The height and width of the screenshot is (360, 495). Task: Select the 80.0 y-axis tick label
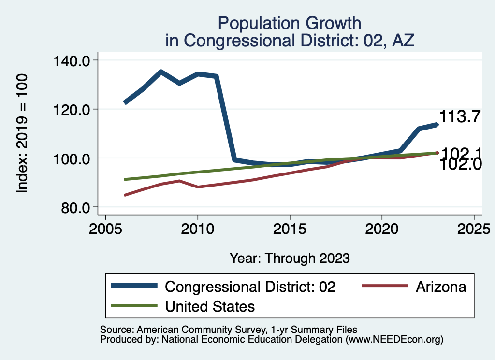pyautogui.click(x=76, y=208)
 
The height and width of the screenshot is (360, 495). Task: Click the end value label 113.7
pyautogui.click(x=460, y=116)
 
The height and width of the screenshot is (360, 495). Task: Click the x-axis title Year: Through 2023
pyautogui.click(x=289, y=258)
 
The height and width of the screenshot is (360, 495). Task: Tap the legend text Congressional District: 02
pyautogui.click(x=250, y=287)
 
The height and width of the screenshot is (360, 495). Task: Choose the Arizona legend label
pyautogui.click(x=441, y=287)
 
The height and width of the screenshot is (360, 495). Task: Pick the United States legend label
pyautogui.click(x=210, y=306)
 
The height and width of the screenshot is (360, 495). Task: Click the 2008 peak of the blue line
pyautogui.click(x=161, y=72)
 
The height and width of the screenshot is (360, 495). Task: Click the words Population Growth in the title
pyautogui.click(x=289, y=23)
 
